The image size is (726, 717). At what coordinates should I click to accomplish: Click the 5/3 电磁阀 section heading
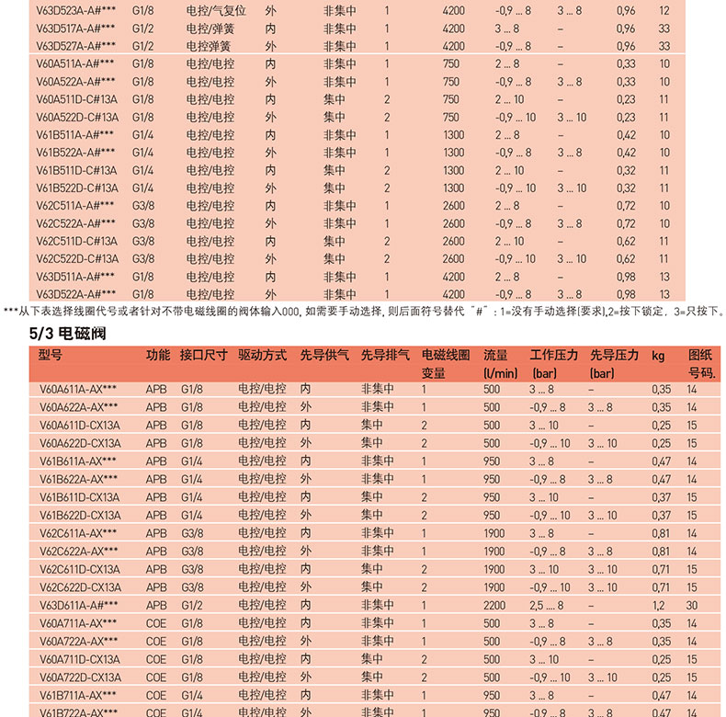tap(69, 334)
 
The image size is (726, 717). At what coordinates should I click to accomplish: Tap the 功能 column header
tap(157, 355)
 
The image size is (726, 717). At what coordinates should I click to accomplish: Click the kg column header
tap(658, 355)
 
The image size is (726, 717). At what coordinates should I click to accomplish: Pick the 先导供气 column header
tap(323, 355)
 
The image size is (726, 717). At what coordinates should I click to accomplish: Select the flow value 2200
tap(494, 604)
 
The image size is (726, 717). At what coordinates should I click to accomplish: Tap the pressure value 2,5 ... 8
tap(550, 604)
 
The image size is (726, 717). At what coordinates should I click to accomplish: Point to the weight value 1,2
tap(658, 604)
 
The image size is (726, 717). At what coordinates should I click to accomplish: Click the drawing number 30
tap(692, 604)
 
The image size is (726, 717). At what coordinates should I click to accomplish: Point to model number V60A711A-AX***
tap(78, 622)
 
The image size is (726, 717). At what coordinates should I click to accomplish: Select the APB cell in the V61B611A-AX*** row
tap(157, 461)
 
